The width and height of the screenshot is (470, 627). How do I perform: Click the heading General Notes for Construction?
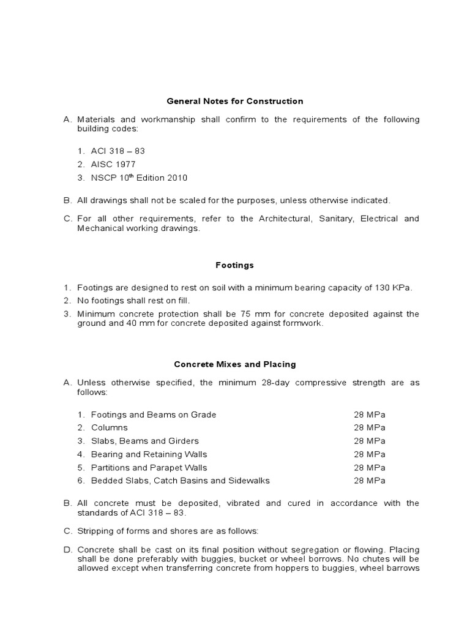(236, 101)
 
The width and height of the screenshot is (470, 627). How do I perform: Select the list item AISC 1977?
(113, 164)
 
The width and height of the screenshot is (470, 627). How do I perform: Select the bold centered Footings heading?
(234, 266)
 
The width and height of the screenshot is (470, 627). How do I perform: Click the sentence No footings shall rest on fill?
(133, 301)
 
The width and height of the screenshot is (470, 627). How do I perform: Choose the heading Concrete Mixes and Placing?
(235, 364)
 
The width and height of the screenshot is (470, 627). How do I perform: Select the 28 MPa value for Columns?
(370, 428)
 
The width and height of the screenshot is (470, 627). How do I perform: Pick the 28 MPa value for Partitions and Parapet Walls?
(370, 467)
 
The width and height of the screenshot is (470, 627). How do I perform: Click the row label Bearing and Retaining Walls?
(149, 454)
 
